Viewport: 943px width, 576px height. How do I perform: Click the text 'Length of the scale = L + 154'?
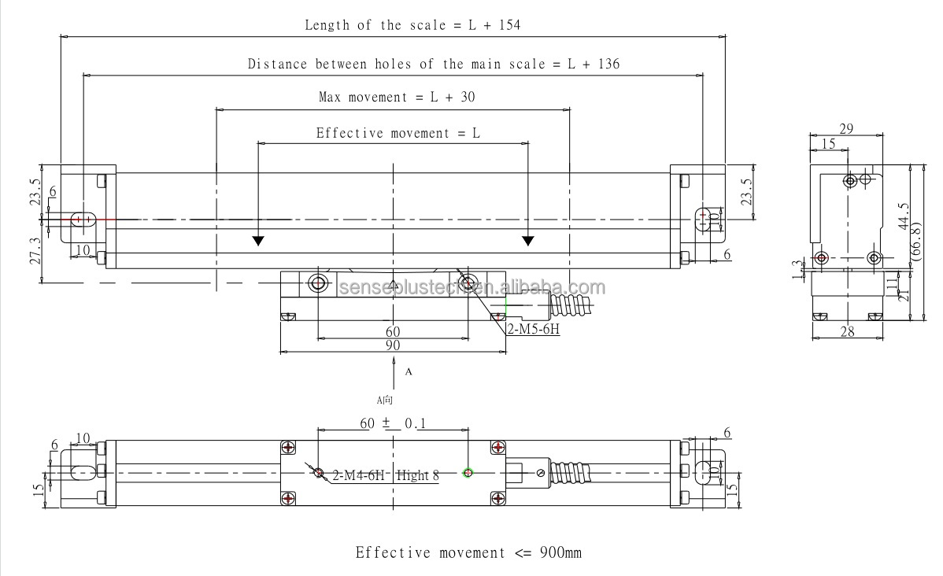(x=412, y=25)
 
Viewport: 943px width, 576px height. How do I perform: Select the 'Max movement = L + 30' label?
(x=397, y=98)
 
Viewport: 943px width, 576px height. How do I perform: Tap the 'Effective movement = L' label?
(x=398, y=134)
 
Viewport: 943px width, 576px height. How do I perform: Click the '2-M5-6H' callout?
(x=533, y=330)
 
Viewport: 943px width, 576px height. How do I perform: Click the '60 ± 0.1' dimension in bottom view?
(x=394, y=423)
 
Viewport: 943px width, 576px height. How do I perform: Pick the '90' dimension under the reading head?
(x=393, y=345)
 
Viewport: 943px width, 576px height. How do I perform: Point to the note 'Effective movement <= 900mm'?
(x=468, y=552)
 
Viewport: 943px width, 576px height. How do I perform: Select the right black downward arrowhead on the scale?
(x=528, y=240)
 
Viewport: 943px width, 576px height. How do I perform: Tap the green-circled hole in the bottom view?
(x=468, y=472)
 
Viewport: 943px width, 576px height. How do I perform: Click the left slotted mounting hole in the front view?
(x=83, y=220)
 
